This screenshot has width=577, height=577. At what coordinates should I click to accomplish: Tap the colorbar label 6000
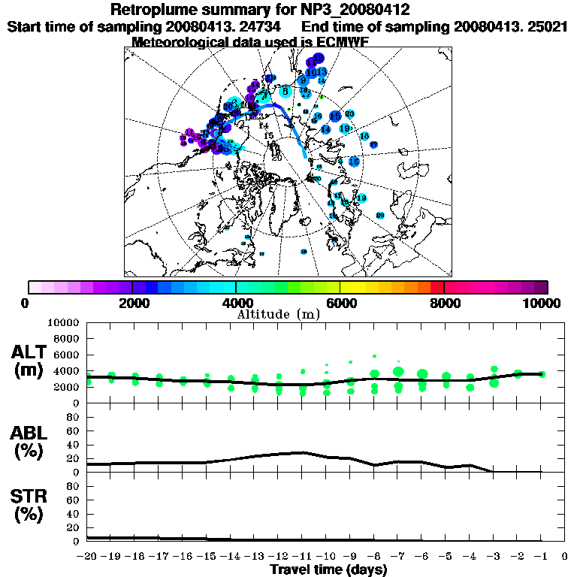[x=340, y=303]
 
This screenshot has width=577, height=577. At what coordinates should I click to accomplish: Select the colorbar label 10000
[x=542, y=303]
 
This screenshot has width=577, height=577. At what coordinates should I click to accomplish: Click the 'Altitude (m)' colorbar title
[x=279, y=313]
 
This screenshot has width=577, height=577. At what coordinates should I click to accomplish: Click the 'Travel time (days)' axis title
[x=328, y=569]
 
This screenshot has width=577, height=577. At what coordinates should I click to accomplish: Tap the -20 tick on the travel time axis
[x=87, y=557]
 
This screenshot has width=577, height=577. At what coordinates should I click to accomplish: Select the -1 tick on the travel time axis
[x=541, y=557]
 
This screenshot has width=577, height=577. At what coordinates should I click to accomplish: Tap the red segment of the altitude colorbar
[x=437, y=287]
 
